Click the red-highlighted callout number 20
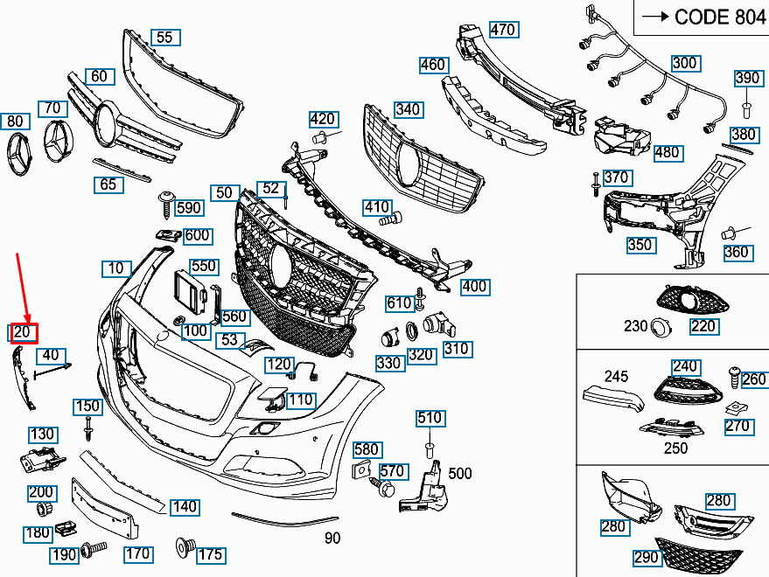23,332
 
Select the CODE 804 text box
700,17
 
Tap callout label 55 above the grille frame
164,37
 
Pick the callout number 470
502,30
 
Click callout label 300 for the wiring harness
684,63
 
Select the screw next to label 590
164,203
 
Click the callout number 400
474,287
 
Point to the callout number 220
703,326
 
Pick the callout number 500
459,474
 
